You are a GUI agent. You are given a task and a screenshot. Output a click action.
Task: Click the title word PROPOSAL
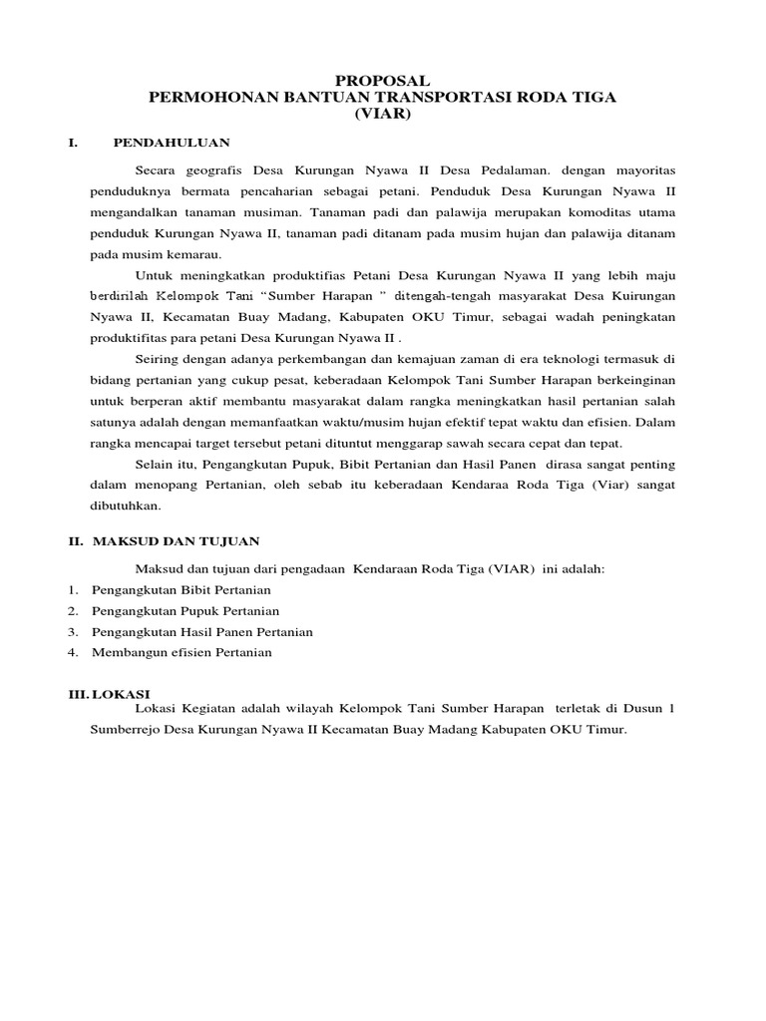(382, 80)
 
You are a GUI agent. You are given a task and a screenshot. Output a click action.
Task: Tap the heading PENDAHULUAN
(171, 143)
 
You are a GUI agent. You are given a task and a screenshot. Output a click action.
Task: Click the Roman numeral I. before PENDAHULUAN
(73, 143)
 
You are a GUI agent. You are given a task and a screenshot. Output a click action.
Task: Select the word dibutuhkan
(125, 505)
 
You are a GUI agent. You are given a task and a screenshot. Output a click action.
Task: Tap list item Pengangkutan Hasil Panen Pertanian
(202, 631)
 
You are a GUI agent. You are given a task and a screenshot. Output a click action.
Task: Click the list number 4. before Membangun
(73, 652)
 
